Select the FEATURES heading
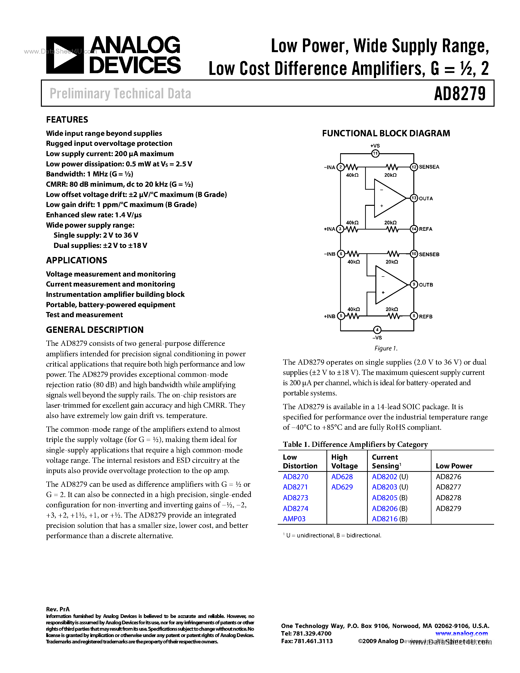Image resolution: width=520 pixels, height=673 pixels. tap(67, 120)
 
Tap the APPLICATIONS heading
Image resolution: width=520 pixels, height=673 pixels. tap(76, 260)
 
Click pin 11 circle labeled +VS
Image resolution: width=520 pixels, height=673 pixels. tap(375, 153)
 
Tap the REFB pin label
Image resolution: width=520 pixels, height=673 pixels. tap(426, 316)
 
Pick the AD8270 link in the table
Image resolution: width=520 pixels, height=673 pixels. tap(295, 477)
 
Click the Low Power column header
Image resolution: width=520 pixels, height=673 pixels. tap(454, 466)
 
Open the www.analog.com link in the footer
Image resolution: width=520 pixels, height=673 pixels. tap(461, 634)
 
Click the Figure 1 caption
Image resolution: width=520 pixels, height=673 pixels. tap(386, 348)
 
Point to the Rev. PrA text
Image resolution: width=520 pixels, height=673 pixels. tap(58, 609)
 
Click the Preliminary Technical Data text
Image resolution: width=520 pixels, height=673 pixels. tap(120, 94)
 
